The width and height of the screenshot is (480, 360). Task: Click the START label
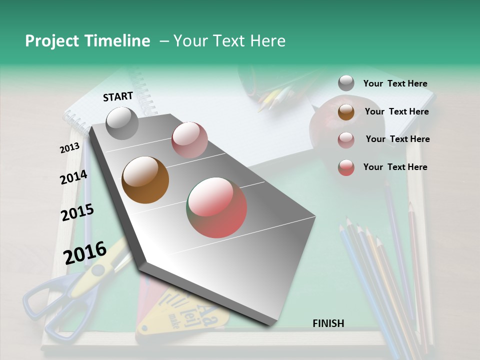point(118,96)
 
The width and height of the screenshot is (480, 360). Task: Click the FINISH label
point(328,323)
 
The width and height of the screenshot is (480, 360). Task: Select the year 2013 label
point(69,148)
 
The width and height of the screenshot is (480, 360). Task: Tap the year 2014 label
point(73,177)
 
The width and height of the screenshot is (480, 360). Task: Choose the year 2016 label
point(85,252)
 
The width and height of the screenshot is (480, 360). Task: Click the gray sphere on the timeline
point(122,123)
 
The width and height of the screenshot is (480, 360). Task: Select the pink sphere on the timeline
point(189,140)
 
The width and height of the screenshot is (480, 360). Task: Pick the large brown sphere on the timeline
point(145,180)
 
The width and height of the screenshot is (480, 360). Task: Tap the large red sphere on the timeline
point(217,207)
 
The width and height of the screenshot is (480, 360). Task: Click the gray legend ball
point(346,83)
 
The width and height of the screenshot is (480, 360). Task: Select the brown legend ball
point(346,111)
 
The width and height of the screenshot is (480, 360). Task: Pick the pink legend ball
point(346,139)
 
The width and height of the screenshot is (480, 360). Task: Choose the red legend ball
point(346,167)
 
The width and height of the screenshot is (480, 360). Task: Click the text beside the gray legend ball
point(395,84)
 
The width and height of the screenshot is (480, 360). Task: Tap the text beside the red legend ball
point(395,167)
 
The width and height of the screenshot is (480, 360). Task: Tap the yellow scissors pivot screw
point(98,270)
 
